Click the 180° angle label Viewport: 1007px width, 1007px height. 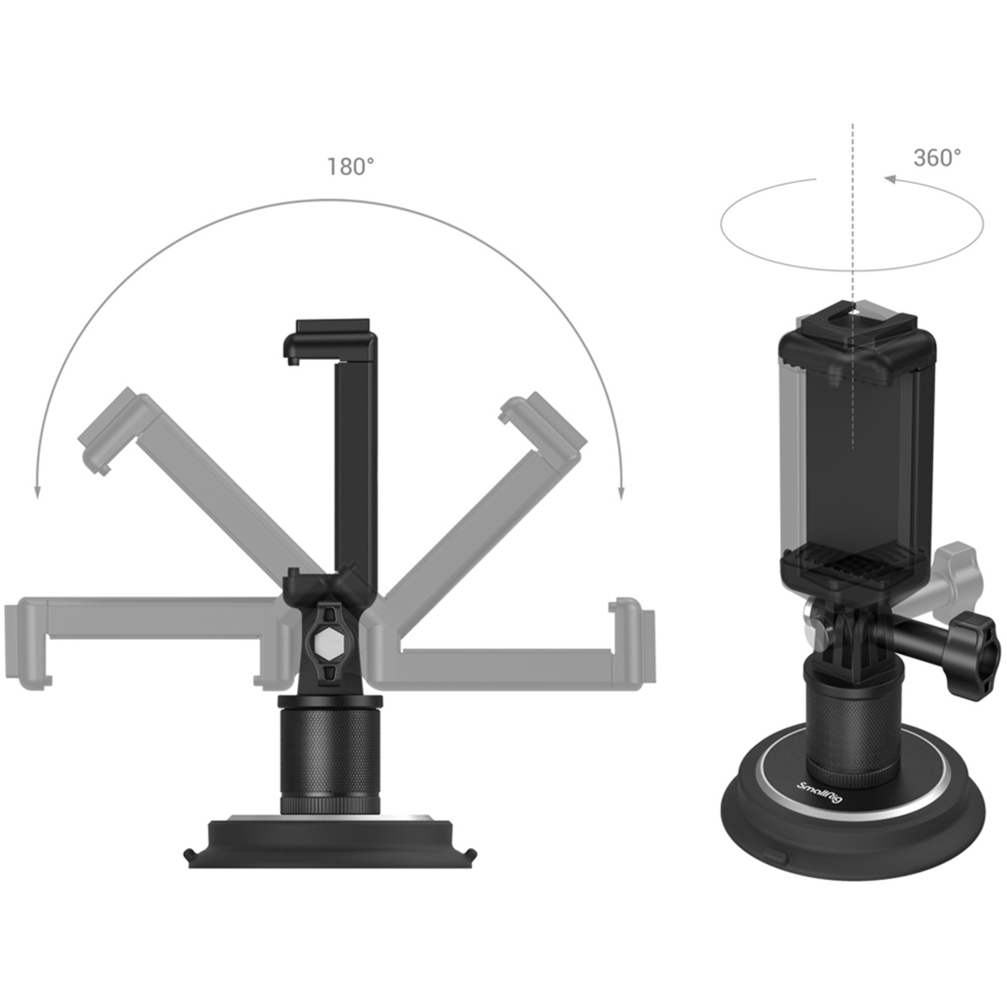tap(350, 166)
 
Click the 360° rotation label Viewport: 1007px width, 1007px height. tap(937, 158)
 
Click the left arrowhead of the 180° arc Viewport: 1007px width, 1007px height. tap(38, 493)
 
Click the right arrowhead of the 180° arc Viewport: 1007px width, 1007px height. tap(621, 493)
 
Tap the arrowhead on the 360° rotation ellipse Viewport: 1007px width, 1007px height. tap(891, 179)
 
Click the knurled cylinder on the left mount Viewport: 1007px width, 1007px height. tap(329, 752)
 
